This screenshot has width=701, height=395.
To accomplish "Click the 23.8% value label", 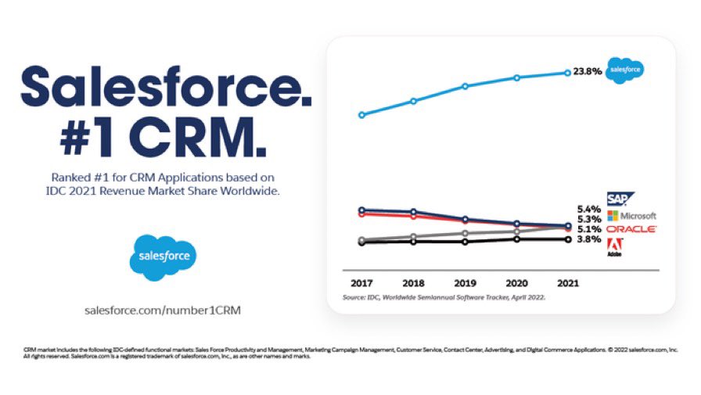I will (587, 71).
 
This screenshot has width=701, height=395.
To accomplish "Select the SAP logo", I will (620, 199).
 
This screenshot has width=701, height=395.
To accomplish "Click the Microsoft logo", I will (631, 215).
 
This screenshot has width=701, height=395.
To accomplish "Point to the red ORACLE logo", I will (631, 229).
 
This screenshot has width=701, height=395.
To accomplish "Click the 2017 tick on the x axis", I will (361, 282).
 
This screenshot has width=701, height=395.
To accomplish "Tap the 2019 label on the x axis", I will (464, 282).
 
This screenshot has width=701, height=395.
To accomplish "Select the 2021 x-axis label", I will (567, 282).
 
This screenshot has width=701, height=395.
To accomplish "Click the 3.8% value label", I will (588, 239).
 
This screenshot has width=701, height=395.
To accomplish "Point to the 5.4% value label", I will (588, 209).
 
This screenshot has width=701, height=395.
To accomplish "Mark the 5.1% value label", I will (588, 229).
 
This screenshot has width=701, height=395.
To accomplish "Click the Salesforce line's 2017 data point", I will (361, 115).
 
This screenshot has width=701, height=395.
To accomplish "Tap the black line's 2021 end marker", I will (568, 239).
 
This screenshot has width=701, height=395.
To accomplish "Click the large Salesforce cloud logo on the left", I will (163, 257).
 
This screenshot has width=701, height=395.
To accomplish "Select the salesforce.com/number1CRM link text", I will (163, 310).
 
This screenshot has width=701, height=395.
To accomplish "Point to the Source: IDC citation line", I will (444, 298).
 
